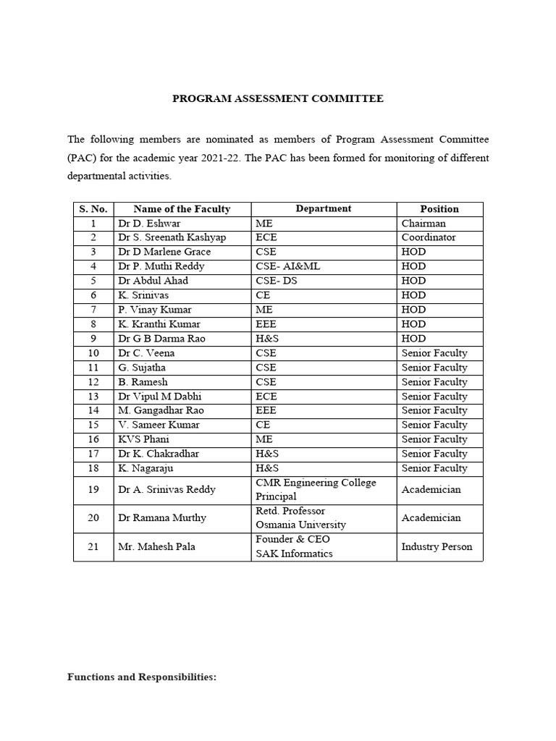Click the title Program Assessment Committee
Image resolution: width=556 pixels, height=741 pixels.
coord(277,98)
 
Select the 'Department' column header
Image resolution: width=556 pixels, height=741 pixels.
coord(323,208)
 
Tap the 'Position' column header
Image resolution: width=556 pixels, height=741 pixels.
coord(439,209)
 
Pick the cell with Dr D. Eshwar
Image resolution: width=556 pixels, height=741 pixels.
coord(145,224)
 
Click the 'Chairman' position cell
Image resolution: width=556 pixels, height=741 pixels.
coord(424,224)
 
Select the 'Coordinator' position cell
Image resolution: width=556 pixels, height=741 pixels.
coord(429,237)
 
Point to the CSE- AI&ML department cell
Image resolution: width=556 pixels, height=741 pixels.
coord(287,266)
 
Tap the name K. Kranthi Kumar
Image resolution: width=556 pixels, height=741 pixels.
coord(159,324)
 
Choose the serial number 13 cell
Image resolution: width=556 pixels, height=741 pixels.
coord(93,397)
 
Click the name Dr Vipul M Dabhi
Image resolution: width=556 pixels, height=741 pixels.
coord(159,397)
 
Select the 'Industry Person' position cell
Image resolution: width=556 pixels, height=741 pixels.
coord(437,546)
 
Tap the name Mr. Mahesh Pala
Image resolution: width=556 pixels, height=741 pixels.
coord(153,546)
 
